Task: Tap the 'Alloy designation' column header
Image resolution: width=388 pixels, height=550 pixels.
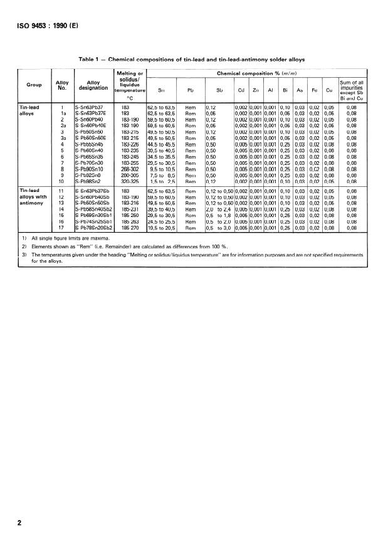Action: coord(93,86)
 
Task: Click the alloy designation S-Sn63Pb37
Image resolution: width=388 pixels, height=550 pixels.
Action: coord(90,108)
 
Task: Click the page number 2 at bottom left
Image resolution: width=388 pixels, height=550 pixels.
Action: coord(20,522)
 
